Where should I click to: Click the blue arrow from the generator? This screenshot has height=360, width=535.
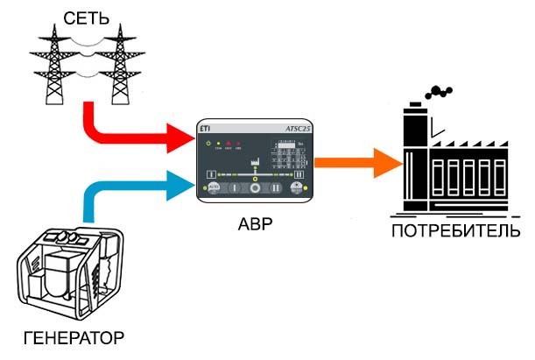pos(131,186)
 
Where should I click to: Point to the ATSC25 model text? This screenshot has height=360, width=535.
pos(298,129)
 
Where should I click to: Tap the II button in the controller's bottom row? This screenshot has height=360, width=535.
pos(274,187)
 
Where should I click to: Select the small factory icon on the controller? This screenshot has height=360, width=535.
pos(256,162)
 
